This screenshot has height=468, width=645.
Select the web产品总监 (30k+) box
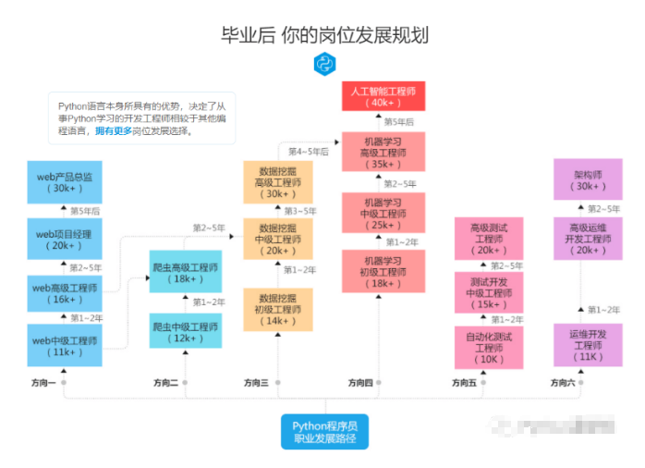click(65, 181)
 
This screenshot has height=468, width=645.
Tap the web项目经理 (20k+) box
click(65, 239)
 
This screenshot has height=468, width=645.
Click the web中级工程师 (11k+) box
click(65, 346)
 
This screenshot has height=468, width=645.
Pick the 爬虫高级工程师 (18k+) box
click(185, 273)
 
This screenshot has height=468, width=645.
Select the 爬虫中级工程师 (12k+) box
click(185, 332)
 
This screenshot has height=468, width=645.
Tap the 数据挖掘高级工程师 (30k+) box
click(277, 182)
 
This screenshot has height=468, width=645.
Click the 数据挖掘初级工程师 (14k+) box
click(277, 310)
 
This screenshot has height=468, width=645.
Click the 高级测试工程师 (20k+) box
click(490, 239)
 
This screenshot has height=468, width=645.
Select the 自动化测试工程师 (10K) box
click(490, 347)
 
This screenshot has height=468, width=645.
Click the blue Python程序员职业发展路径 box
click(324, 431)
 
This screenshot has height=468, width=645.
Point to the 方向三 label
click(256, 382)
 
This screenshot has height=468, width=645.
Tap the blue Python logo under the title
click(324, 63)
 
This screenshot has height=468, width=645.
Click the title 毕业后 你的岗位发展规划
click(324, 35)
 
